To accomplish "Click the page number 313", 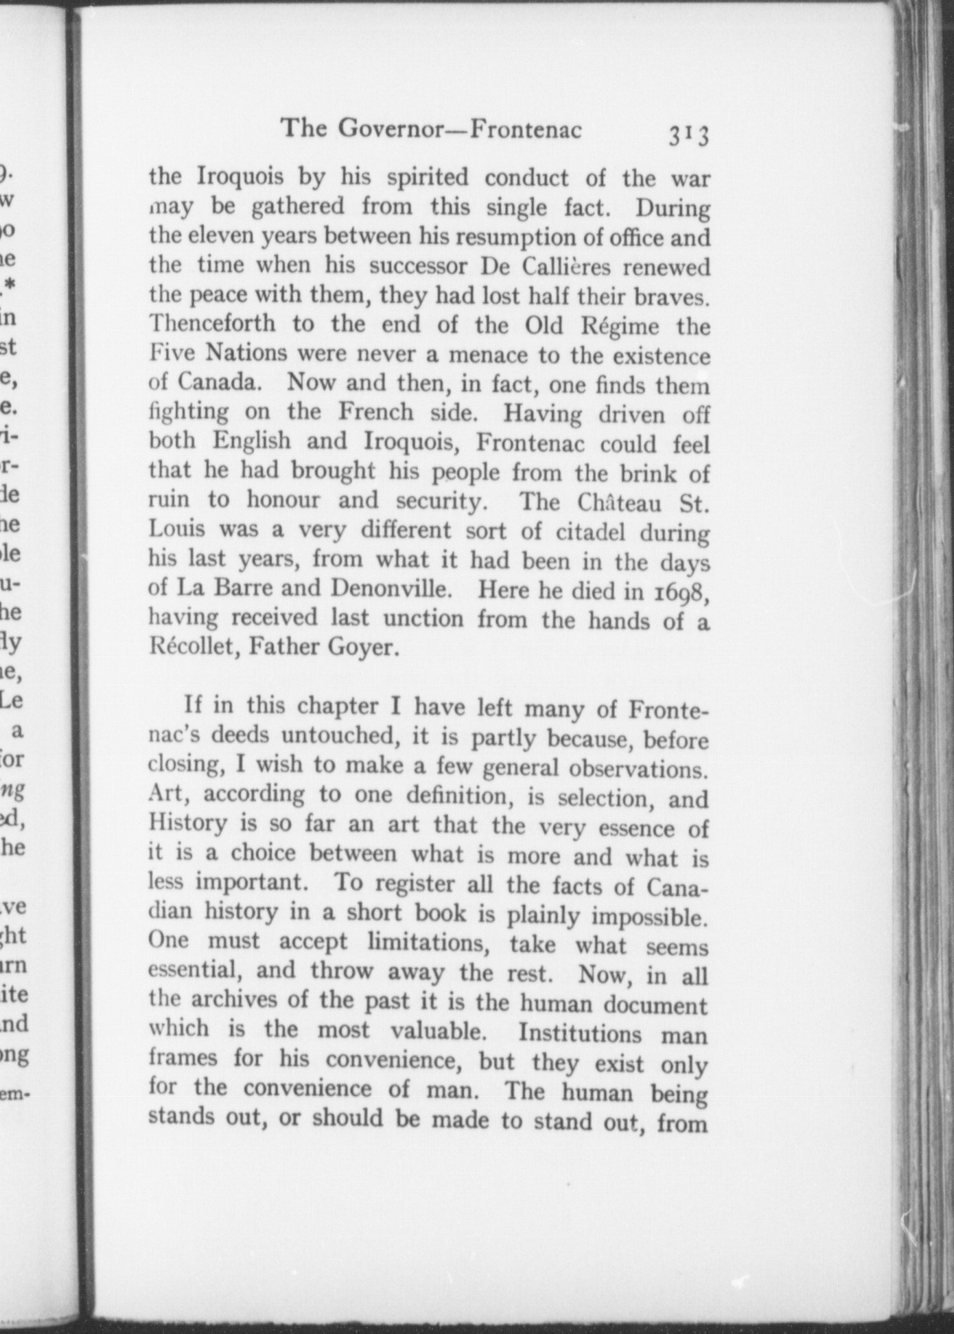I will (688, 135).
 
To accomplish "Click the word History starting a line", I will (187, 823).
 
